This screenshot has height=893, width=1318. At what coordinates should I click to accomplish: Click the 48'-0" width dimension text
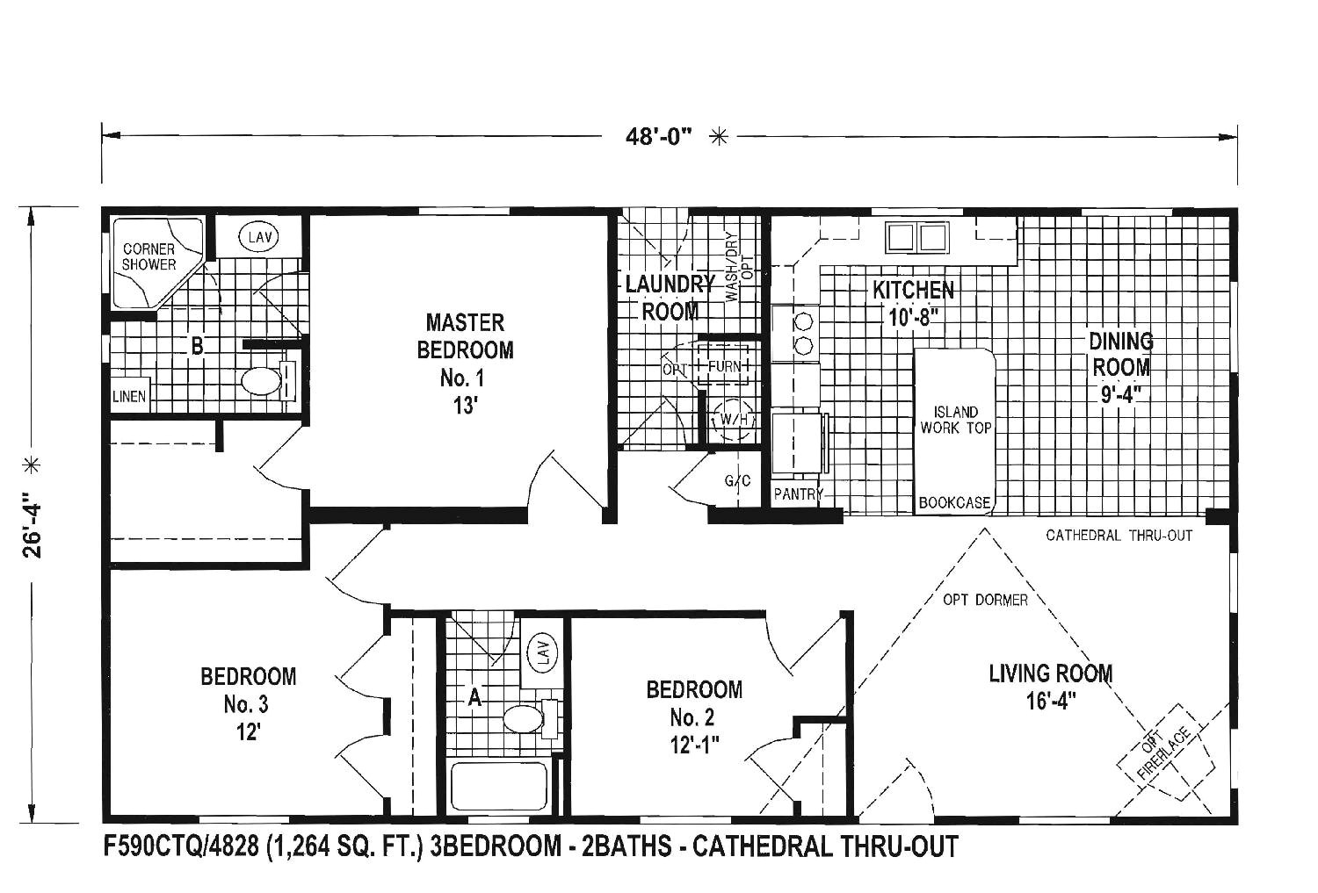[x=660, y=136]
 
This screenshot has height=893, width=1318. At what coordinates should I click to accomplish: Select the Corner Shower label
[x=148, y=256]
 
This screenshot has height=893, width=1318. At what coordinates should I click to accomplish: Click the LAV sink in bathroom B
[x=257, y=236]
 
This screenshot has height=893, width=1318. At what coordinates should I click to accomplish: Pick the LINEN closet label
[x=129, y=396]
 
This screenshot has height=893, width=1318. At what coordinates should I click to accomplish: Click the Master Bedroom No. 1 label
[x=465, y=364]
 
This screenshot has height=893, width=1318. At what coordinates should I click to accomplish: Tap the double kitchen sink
[x=917, y=237]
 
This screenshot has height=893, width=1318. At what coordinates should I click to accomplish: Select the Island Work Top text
[x=955, y=420]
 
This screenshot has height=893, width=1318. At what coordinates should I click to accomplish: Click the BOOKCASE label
[x=954, y=503]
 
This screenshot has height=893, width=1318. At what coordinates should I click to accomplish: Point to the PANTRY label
[x=798, y=494]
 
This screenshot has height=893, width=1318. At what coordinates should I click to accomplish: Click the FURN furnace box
[x=724, y=366]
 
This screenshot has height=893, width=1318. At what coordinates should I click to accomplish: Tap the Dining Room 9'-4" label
[x=1121, y=366]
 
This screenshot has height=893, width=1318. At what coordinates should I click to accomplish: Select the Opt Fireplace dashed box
[x=1164, y=753]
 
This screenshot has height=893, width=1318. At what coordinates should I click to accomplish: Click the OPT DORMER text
[x=985, y=600]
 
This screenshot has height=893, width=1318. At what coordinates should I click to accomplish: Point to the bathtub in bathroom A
[x=499, y=787]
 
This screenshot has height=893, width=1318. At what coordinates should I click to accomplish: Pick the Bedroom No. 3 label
[x=248, y=703]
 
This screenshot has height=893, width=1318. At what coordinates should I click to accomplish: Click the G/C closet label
[x=737, y=481]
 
